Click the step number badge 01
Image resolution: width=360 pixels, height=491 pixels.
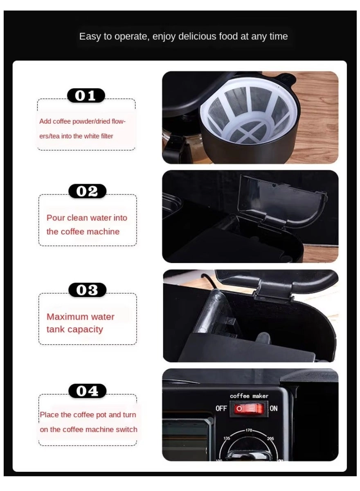pos(86,96)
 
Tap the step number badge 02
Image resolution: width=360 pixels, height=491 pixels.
pos(87,191)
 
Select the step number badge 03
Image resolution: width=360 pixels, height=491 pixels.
pos(87,290)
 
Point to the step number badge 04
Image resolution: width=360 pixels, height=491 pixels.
pos(87,391)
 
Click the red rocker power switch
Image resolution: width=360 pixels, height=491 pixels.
pos(249,408)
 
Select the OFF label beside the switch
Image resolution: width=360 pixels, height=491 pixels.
pos(221,408)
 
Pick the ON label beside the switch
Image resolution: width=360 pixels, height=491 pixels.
pos(274,408)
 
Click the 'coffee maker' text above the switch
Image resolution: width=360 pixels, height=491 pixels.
pos(249,396)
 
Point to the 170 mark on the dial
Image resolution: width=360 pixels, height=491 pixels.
pos(249,430)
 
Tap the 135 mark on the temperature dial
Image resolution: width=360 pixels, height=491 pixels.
pos(227,438)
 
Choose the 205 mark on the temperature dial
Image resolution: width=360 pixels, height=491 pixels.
pos(270,438)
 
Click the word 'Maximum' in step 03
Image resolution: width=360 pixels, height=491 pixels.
pos(67,317)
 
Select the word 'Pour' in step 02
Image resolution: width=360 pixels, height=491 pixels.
pos(56,218)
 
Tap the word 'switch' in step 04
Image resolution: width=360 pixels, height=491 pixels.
pos(127,430)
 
